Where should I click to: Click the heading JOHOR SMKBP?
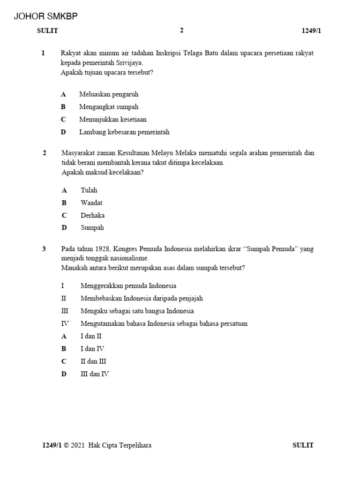pos(46,16)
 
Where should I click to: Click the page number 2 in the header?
pos(182,30)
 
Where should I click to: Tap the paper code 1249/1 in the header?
pos(311,31)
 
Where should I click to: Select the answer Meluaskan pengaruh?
pos(109,94)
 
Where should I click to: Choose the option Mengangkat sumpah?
pos(109,107)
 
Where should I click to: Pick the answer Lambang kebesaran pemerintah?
pos(124,132)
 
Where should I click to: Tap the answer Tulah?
pos(89,190)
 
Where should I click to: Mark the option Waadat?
pos(91,203)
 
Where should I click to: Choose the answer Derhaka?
pos(92,216)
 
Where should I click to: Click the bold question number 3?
pos(44,249)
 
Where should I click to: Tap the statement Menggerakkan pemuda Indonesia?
pos(128,285)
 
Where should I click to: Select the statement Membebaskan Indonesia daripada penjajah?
pos(142,298)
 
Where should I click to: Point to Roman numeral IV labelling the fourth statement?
pos(65,323)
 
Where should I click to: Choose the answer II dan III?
pos(93,361)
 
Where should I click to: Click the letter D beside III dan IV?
pos(63,374)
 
